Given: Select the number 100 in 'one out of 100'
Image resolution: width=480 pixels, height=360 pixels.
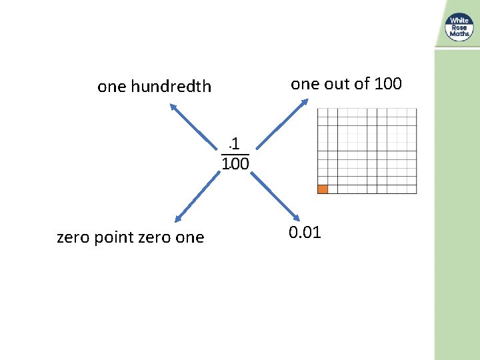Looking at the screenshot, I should coord(388,83).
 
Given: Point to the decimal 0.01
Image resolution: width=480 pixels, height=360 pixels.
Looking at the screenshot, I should coord(305,233).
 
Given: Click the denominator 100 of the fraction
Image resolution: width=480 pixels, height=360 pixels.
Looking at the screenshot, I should coord(235,163).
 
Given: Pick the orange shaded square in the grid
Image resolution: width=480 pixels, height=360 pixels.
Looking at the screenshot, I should coord(323,189).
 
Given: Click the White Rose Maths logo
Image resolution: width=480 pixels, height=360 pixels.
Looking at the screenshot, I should coord(459,27).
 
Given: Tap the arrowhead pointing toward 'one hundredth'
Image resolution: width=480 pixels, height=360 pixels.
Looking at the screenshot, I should coord(172,106).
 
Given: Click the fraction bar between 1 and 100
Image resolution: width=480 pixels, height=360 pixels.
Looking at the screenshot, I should coord(235,155).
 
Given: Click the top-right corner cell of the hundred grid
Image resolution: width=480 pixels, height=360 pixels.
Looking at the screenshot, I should coord(411,113).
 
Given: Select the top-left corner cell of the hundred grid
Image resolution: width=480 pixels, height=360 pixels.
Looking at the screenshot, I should coord(323,113).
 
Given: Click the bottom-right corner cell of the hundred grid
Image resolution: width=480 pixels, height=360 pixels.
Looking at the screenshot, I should coord(411,189).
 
